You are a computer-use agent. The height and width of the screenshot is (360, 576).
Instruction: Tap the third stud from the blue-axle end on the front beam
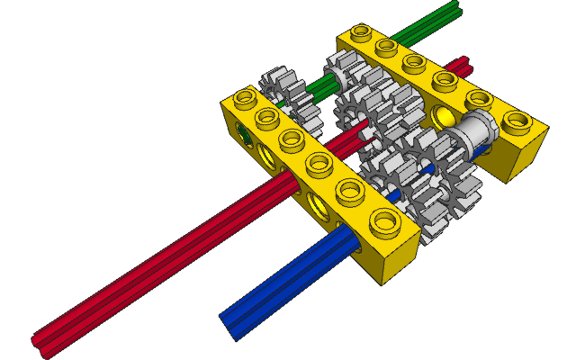pos(320,165)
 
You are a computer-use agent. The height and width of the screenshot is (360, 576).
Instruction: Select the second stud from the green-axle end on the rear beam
pos(388,47)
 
